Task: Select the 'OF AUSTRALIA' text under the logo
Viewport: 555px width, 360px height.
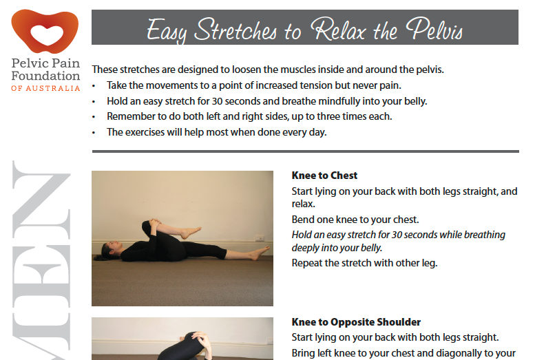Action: tap(45, 88)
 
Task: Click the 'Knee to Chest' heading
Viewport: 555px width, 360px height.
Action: tap(324, 176)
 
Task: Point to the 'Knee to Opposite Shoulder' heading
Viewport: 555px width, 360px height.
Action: tap(356, 322)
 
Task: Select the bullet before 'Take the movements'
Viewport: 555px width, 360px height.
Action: tap(94, 85)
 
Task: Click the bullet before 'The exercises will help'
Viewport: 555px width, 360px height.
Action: tap(94, 132)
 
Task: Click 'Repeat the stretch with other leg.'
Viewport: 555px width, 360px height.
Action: tap(364, 262)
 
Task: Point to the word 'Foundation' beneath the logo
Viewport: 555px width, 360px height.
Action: tap(45, 76)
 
